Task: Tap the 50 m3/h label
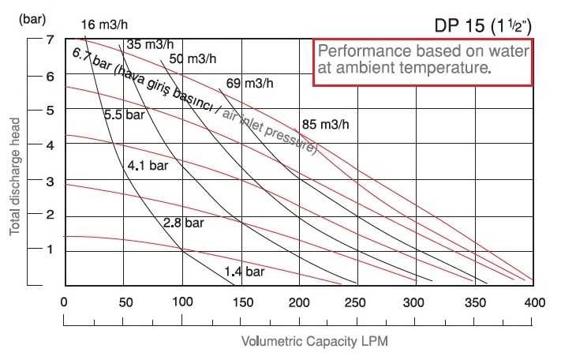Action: (x=193, y=58)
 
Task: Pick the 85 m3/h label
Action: (x=326, y=125)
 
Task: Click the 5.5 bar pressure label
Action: (x=125, y=114)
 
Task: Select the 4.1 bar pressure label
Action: (x=148, y=166)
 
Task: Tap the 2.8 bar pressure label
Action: (x=183, y=223)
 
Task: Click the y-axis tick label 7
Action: (x=49, y=40)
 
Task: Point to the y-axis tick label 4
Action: (x=49, y=145)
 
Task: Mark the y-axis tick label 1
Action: (x=49, y=249)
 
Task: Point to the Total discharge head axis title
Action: (x=15, y=175)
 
